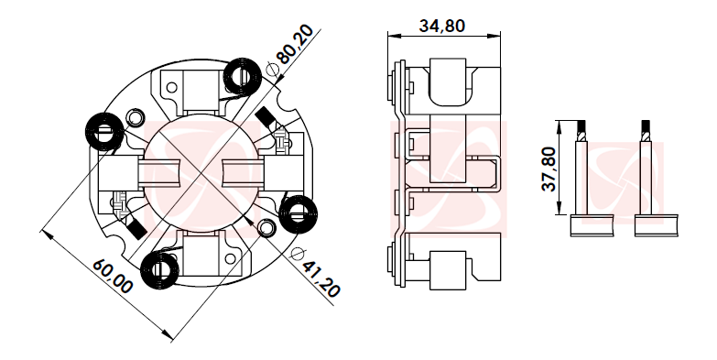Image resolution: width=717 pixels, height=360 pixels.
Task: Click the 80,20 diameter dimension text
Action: [x=295, y=43]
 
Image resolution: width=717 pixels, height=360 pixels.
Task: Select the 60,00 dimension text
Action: [x=113, y=277]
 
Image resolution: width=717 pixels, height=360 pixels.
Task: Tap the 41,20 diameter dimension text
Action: [x=321, y=278]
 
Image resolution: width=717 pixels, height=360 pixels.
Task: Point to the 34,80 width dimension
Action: [x=441, y=26]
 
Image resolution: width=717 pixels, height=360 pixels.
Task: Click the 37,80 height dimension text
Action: [x=549, y=169]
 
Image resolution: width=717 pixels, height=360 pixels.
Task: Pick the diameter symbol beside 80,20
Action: [x=272, y=69]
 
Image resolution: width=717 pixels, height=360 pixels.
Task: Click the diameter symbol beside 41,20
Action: [x=298, y=255]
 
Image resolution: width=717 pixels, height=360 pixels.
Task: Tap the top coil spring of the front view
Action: [x=243, y=77]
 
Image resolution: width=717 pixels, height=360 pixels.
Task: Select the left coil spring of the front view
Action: [x=103, y=131]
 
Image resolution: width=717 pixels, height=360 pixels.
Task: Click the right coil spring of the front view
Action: [x=299, y=214]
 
